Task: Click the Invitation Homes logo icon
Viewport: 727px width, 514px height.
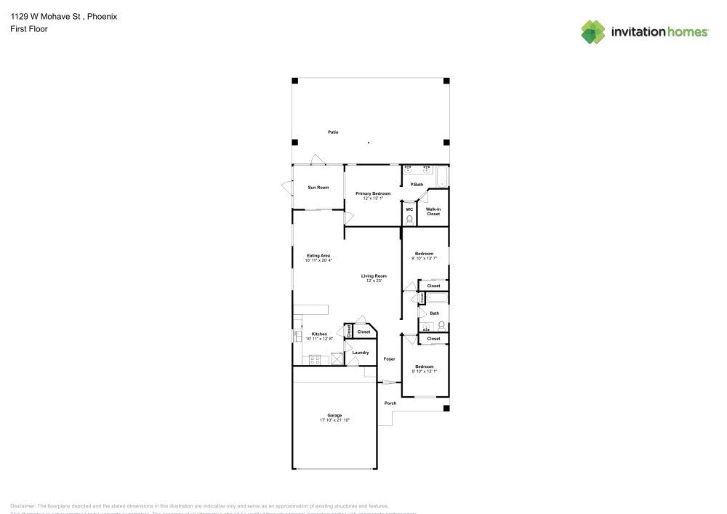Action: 593,32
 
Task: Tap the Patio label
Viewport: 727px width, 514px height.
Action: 333,132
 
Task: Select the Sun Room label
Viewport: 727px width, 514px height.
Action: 318,188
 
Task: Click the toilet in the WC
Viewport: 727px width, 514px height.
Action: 409,219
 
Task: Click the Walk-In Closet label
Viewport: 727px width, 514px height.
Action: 433,212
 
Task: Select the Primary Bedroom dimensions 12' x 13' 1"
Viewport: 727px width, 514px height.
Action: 373,198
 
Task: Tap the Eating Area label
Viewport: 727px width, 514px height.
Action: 318,255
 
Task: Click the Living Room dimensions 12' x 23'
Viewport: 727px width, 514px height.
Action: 374,281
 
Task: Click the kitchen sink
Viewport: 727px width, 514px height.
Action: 297,336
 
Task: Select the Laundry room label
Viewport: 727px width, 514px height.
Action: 361,353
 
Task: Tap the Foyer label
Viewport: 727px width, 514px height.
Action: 390,359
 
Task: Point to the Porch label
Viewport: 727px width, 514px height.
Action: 390,403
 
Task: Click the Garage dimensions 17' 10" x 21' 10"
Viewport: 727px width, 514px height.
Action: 334,420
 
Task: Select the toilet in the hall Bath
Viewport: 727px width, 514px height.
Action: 441,326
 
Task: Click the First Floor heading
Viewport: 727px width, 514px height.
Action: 29,29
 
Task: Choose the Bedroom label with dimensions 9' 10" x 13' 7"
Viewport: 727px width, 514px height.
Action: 424,253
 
